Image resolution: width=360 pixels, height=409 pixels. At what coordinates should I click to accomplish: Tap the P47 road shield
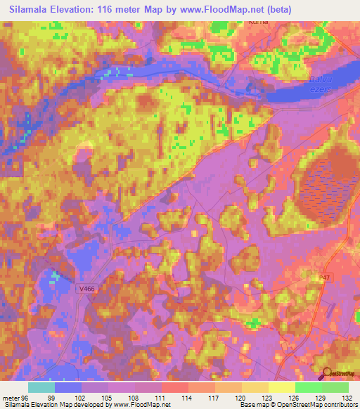pos(323,278)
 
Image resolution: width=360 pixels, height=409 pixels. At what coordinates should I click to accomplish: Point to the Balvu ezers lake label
pos(321,86)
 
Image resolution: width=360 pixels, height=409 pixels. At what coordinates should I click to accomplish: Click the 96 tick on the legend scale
pos(25,398)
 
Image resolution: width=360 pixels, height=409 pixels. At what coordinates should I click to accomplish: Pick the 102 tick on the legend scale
pos(82,398)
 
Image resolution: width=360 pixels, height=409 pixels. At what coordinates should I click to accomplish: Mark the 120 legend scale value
pos(241,398)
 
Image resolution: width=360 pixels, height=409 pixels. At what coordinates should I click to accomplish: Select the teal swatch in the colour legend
pos(41,387)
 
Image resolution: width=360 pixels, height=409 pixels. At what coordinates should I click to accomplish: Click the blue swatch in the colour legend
pos(68,387)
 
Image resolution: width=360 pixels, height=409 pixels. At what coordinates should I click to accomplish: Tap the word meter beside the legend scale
pos(11,398)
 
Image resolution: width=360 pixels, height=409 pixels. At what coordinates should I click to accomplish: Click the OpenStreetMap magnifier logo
pos(326,373)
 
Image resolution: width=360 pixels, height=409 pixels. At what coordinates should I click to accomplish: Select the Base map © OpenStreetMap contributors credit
pos(298,405)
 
